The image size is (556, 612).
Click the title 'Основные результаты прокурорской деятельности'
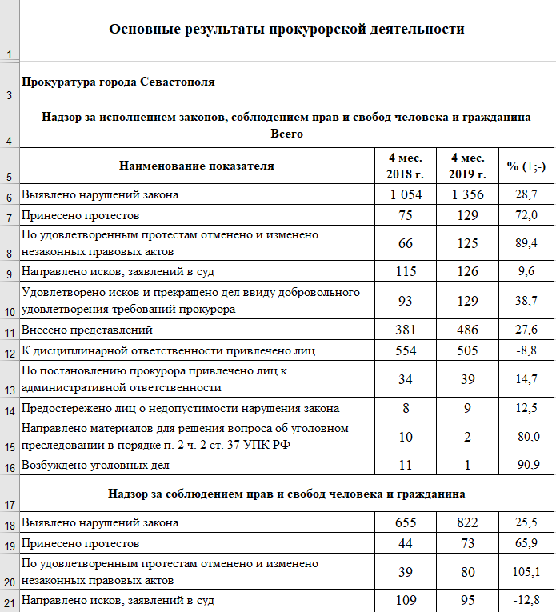[x=286, y=30]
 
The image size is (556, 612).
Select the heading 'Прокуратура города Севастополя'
[x=118, y=82]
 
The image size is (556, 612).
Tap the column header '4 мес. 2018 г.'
[x=405, y=166]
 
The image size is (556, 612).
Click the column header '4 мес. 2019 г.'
[x=467, y=166]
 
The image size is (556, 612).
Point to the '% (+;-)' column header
[x=526, y=166]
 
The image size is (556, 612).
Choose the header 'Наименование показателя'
[x=197, y=166]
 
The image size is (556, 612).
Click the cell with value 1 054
[x=405, y=194]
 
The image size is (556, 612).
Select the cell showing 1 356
[x=467, y=194]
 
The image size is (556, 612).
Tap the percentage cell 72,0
[x=526, y=216]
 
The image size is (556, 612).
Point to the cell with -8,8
[x=526, y=350]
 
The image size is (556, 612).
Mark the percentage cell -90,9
[x=526, y=465]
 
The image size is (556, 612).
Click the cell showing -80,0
[x=526, y=436]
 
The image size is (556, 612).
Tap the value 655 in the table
[x=406, y=522]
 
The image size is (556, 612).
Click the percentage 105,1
[x=526, y=571]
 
